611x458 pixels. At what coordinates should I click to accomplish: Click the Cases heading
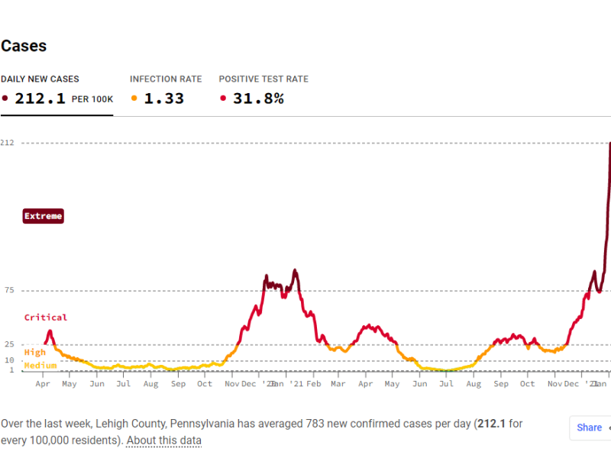24,46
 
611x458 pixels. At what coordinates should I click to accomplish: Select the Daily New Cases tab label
40,79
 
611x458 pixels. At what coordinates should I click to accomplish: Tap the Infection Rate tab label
166,79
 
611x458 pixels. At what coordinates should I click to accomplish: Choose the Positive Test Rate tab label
263,79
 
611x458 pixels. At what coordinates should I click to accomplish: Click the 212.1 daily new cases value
40,98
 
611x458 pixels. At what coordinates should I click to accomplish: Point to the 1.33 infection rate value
164,98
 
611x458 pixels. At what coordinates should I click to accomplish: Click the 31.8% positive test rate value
257,98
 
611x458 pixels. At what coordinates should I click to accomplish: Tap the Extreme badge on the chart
43,216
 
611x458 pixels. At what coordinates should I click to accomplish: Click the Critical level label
46,318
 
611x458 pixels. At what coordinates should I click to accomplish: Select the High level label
35,353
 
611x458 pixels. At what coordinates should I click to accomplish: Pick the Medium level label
40,366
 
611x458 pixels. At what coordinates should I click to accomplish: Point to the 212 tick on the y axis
7,143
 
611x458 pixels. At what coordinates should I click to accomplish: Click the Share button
590,428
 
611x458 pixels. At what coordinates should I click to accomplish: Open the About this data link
163,440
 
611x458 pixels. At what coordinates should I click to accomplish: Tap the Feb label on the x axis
313,384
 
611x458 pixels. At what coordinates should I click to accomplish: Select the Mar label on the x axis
338,384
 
